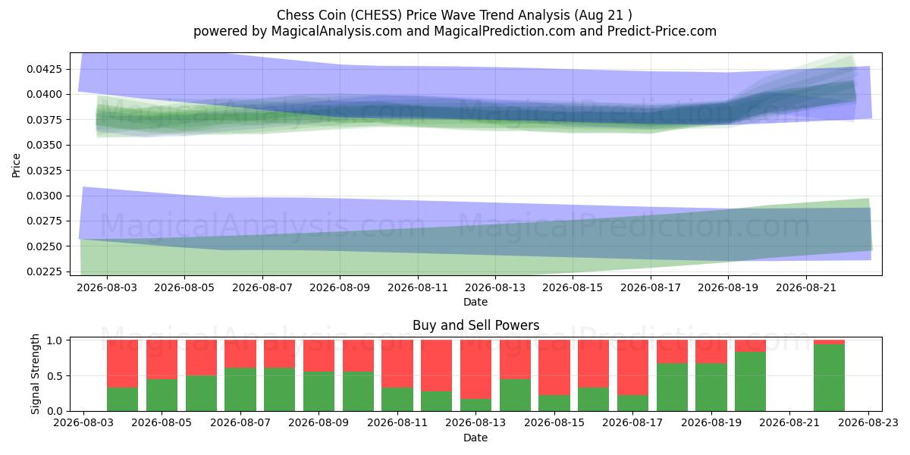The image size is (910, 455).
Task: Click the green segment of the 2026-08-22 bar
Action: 829,378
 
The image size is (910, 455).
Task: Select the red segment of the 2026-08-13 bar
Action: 475,369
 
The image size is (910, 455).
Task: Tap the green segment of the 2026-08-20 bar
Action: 750,381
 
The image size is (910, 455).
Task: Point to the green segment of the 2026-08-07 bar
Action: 240,390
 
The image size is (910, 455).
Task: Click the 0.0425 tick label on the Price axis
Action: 44,69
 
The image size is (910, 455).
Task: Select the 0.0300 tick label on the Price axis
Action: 44,196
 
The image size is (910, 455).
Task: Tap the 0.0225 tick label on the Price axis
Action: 44,271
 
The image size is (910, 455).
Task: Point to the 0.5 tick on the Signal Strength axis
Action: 55,376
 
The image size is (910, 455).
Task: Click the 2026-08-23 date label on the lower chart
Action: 868,422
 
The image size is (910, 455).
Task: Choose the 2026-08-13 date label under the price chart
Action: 495,287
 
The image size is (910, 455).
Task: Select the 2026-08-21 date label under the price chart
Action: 806,287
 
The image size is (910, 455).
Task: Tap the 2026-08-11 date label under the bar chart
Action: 397,422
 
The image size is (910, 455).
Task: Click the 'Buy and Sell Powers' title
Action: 475,325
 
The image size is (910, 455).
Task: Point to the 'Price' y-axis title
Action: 16,165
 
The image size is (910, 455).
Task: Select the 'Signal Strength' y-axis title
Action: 36,374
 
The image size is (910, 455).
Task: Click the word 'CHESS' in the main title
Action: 377,15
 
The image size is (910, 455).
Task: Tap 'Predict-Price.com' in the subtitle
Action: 662,31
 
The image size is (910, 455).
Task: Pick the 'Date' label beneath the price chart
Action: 475,302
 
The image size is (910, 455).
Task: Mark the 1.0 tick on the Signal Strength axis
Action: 55,340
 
